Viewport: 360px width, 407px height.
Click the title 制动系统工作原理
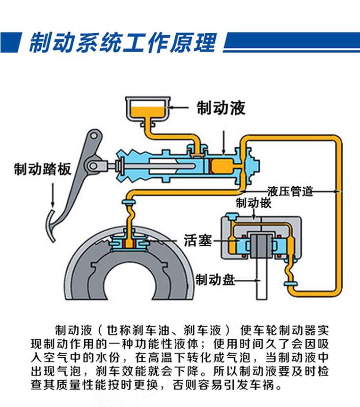pos(122,42)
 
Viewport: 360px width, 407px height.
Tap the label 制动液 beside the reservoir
pos(221,108)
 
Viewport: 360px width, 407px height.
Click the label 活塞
pos(198,240)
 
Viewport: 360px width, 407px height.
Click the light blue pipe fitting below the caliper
pos(292,280)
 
